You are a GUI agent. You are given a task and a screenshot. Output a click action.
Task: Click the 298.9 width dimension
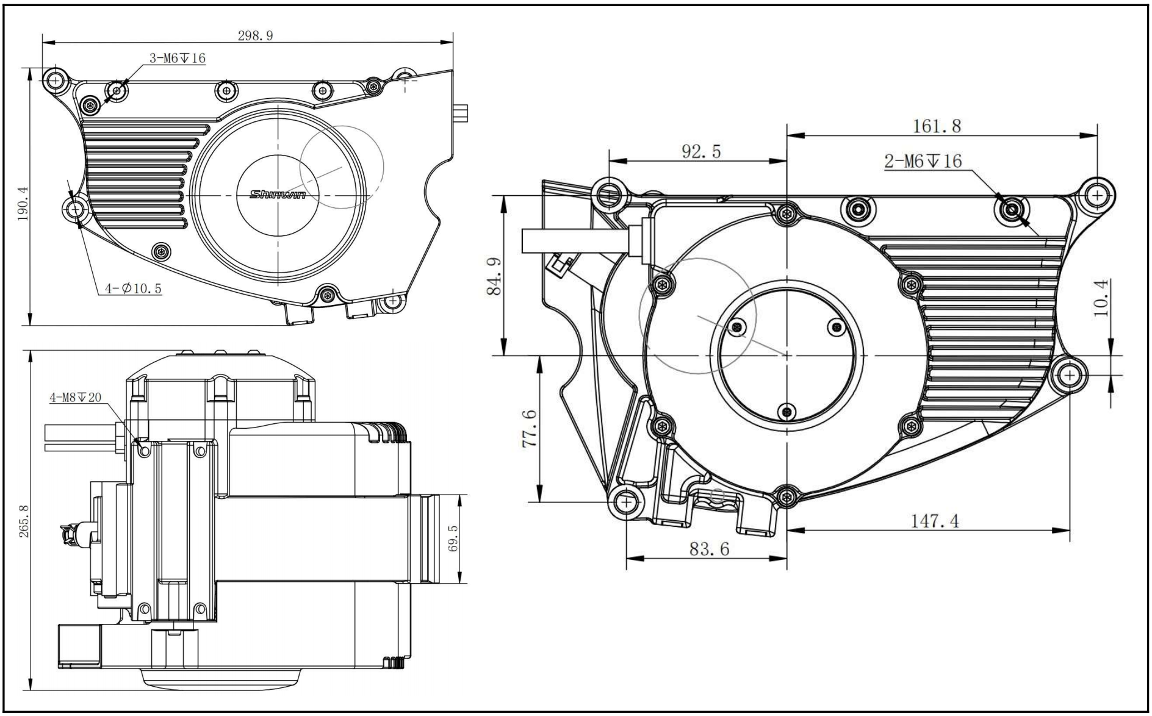pyautogui.click(x=255, y=35)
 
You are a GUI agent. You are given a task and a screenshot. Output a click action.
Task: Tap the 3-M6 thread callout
pyautogui.click(x=178, y=59)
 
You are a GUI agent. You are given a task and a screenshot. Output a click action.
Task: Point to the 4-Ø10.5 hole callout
pyautogui.click(x=133, y=288)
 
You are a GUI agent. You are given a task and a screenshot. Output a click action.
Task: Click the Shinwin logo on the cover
pyautogui.click(x=278, y=195)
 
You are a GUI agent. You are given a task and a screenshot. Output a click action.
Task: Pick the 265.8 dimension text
pyautogui.click(x=24, y=521)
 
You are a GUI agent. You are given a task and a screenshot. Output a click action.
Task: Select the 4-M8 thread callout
pyautogui.click(x=76, y=398)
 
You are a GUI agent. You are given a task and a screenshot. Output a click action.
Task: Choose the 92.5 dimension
pyautogui.click(x=701, y=151)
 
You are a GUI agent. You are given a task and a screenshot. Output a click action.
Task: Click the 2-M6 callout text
pyautogui.click(x=923, y=161)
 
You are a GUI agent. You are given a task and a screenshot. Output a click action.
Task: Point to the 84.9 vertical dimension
pyautogui.click(x=494, y=276)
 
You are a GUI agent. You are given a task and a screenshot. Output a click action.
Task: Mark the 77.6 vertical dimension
pyautogui.click(x=530, y=429)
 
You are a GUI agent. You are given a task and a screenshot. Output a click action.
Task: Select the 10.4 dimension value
pyautogui.click(x=1101, y=298)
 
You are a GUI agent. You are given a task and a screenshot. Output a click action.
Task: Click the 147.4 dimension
pyautogui.click(x=935, y=521)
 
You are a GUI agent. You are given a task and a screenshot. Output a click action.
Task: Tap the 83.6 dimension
pyautogui.click(x=709, y=549)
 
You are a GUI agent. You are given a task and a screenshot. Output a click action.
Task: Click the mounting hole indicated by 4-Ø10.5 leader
pyautogui.click(x=76, y=210)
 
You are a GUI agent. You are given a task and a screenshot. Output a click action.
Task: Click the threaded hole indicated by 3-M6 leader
pyautogui.click(x=117, y=91)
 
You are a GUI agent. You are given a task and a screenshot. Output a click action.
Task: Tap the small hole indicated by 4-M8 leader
pyautogui.click(x=145, y=451)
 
